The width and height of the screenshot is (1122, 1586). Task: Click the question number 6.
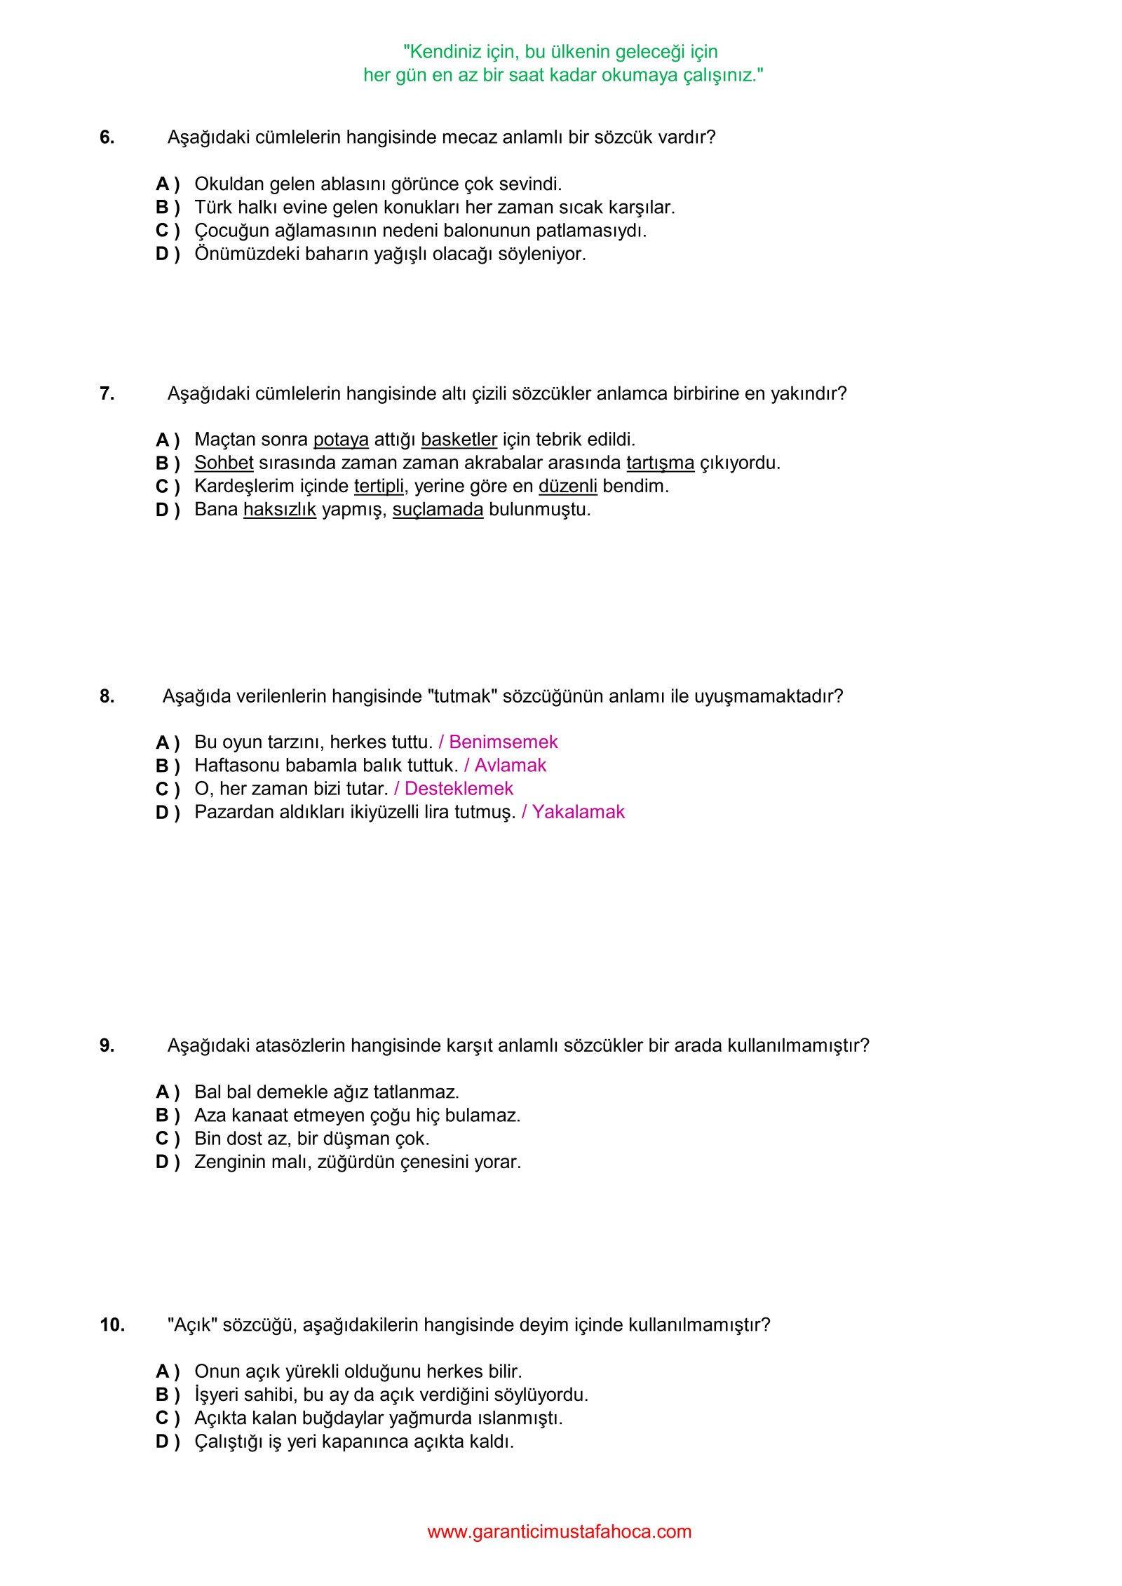[x=107, y=137]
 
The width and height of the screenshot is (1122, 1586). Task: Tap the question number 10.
[x=112, y=1324]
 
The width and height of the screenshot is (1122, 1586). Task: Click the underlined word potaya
[x=341, y=440]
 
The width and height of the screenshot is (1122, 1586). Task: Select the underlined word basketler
[x=459, y=440]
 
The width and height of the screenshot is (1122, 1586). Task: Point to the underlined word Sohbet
[x=224, y=463]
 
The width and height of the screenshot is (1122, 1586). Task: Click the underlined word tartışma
[x=660, y=463]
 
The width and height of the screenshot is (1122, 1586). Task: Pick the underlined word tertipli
[x=379, y=486]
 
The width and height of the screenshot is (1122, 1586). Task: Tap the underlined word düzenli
[x=567, y=486]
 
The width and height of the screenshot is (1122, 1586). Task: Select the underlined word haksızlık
[x=279, y=509]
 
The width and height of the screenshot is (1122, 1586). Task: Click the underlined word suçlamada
[x=438, y=509]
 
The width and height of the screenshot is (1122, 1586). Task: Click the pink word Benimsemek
[x=503, y=742]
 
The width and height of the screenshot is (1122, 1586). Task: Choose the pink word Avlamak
[x=510, y=765]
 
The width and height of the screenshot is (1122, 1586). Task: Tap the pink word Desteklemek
[x=459, y=788]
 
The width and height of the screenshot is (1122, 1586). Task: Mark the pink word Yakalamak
[x=578, y=812]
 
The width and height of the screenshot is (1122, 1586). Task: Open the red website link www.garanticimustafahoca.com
[x=559, y=1531]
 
